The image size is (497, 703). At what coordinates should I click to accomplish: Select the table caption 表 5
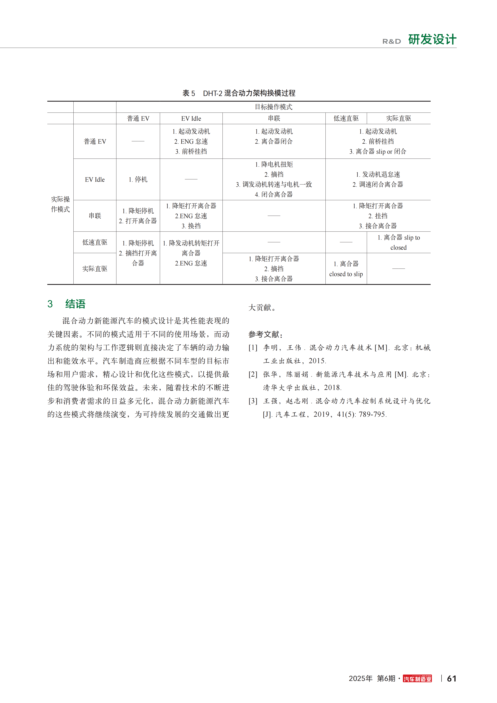click(x=189, y=93)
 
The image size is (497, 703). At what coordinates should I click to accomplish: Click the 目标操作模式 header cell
click(x=273, y=107)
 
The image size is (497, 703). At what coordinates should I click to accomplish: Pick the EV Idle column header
click(x=191, y=118)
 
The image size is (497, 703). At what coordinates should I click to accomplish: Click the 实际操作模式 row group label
click(x=60, y=204)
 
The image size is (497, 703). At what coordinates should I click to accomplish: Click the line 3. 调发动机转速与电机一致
click(x=274, y=184)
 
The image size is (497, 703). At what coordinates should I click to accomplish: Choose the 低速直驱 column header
click(x=346, y=118)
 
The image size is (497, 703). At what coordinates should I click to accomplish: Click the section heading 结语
click(x=75, y=304)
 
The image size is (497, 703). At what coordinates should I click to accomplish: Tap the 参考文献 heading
click(x=265, y=334)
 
